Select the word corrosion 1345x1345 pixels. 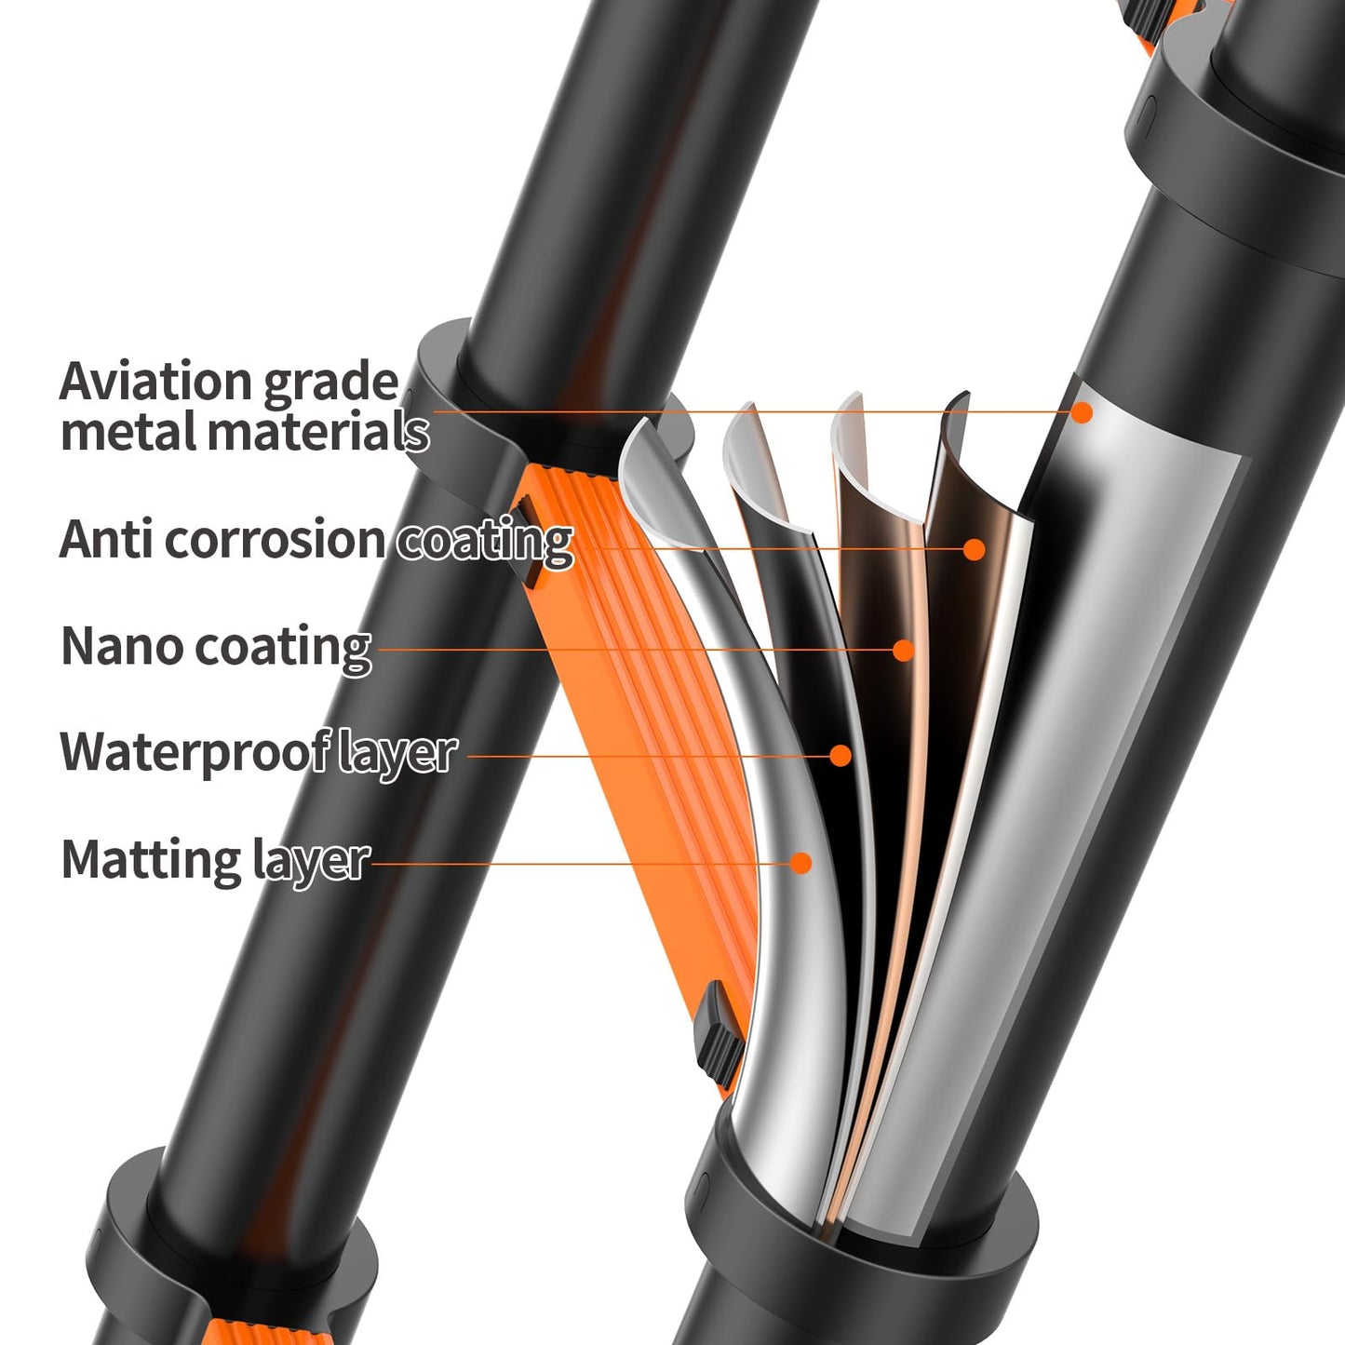(x=275, y=540)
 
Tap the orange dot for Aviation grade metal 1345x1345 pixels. (x=1082, y=412)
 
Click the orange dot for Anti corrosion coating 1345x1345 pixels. (x=975, y=549)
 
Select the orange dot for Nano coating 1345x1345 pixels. (x=904, y=651)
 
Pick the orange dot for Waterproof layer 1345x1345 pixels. (x=841, y=755)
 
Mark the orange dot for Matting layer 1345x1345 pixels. (x=801, y=864)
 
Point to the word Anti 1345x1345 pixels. (x=107, y=540)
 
